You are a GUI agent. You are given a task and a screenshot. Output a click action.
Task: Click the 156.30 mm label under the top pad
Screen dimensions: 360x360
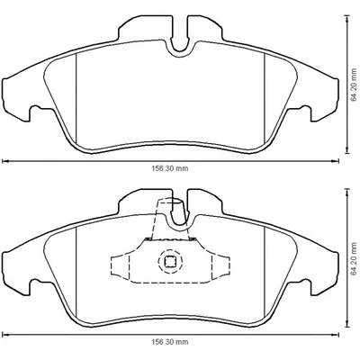[170, 168]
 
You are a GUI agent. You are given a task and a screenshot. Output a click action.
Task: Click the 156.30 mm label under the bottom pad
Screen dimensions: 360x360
[170, 342]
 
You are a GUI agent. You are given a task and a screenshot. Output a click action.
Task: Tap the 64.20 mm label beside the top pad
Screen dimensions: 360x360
[355, 85]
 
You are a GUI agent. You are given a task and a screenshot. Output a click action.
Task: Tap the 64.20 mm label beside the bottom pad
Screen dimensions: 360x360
[355, 257]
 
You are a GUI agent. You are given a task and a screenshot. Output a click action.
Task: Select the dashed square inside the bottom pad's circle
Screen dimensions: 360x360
[170, 261]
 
